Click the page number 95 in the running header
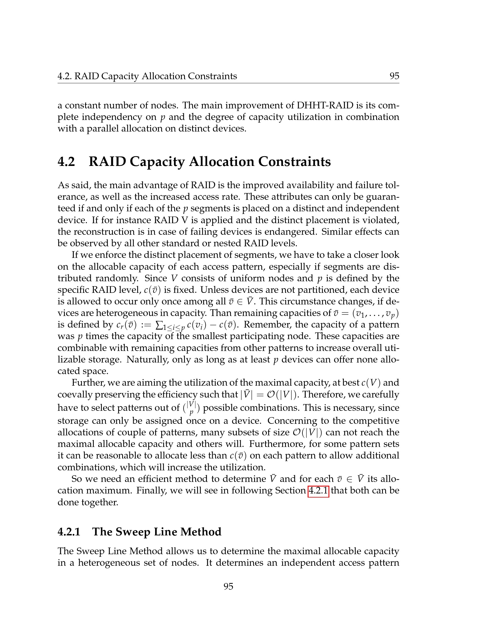(x=394, y=76)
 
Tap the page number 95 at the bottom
(x=228, y=586)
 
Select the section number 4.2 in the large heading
(x=66, y=162)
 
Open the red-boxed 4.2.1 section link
(x=318, y=491)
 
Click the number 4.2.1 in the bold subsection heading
(x=69, y=532)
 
